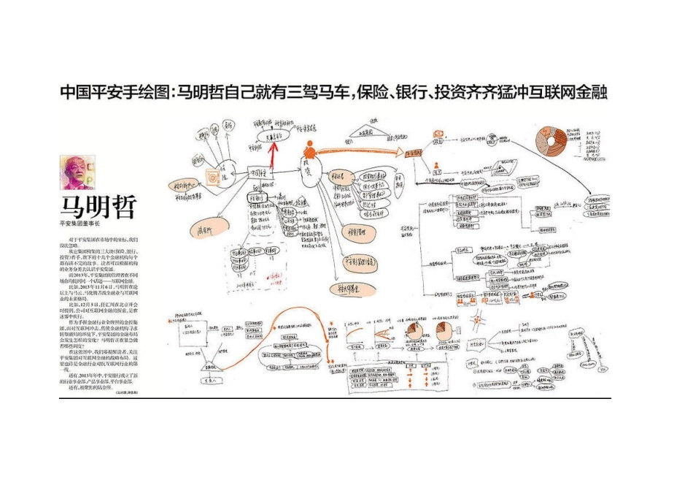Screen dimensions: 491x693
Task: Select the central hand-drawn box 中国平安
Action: click(x=260, y=174)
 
